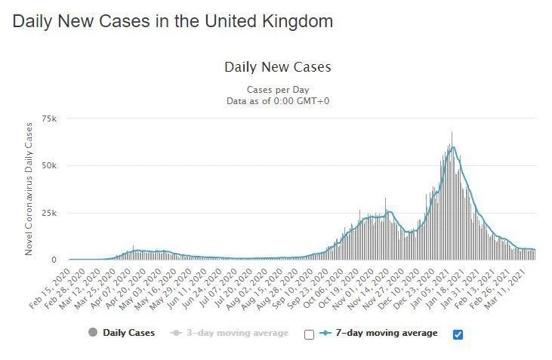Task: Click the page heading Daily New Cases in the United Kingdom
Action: [173, 21]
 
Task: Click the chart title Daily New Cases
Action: [277, 67]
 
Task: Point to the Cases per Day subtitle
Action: [277, 90]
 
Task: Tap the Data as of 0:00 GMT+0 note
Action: [277, 100]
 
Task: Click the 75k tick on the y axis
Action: [50, 118]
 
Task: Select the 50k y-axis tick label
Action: [50, 165]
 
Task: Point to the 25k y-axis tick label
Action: [50, 213]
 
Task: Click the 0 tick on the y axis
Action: [54, 260]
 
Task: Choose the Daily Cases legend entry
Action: [128, 333]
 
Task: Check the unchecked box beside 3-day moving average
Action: [308, 334]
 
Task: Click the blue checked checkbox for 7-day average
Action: [458, 334]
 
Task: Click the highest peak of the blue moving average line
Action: [452, 148]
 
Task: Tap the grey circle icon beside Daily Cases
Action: [93, 333]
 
